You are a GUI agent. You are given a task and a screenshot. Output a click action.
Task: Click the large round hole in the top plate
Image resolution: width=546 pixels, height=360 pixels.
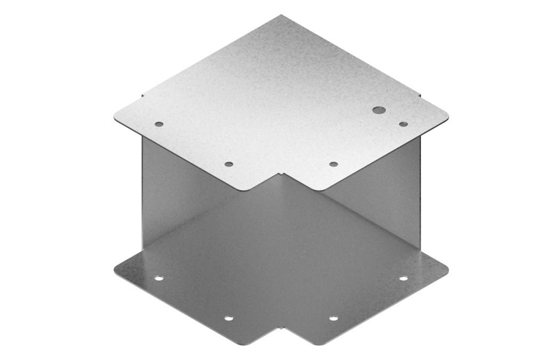[x=379, y=110]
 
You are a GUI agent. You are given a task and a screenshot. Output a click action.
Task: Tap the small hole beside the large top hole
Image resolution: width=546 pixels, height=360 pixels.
[x=403, y=124]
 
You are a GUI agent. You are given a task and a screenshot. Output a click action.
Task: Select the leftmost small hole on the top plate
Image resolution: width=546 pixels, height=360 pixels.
[x=159, y=124]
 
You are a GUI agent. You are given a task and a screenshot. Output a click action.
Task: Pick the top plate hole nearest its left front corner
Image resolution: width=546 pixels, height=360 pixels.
[x=229, y=164]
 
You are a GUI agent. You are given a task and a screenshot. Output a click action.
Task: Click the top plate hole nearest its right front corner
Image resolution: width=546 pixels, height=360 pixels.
[x=333, y=164]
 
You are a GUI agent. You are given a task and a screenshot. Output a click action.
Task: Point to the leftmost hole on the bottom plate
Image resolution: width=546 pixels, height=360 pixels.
[x=159, y=278]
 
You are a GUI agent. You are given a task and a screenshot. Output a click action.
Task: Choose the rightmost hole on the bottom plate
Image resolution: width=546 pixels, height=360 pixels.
[x=403, y=278]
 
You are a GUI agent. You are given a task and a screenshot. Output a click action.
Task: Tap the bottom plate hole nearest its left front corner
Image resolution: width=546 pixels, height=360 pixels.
[x=229, y=318]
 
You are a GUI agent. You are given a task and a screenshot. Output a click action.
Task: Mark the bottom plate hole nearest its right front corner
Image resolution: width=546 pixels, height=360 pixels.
[x=333, y=318]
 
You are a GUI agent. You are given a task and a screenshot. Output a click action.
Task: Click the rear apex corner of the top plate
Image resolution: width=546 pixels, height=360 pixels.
[x=281, y=15]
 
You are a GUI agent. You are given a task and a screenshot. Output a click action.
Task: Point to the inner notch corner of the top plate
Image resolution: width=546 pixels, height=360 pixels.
[x=281, y=173]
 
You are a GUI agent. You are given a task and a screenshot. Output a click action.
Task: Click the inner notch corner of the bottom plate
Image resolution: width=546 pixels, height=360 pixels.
[x=281, y=327]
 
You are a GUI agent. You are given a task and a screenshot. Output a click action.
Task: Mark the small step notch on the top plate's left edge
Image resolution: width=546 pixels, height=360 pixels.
[x=142, y=97]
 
